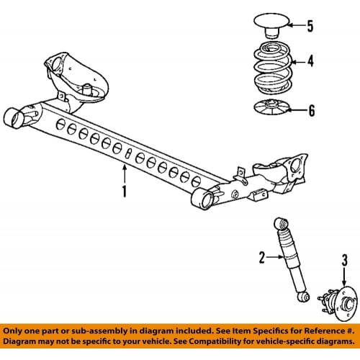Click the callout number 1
point(125,192)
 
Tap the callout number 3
point(344,259)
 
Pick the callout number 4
point(310,61)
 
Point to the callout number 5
point(310,27)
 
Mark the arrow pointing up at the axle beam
point(125,172)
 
